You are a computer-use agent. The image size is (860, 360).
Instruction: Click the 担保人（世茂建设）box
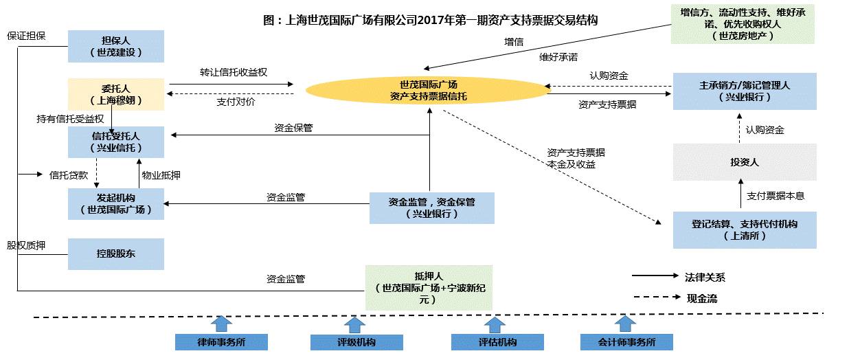(115, 46)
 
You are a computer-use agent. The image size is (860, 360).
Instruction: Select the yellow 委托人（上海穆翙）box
(115, 94)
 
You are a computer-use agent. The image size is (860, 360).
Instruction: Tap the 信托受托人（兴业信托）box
(115, 142)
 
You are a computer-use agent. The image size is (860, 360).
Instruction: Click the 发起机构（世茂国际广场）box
(115, 203)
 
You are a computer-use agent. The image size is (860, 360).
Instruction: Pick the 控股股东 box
(115, 254)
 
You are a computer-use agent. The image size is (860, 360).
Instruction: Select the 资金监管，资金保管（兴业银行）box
(431, 208)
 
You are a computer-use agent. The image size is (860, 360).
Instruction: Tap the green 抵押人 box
(429, 286)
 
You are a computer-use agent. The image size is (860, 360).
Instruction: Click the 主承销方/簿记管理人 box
(745, 91)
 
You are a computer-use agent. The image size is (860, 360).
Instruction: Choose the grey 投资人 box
(745, 162)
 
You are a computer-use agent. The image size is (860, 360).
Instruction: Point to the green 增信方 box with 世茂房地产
(743, 24)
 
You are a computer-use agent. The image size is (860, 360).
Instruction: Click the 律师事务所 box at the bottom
(220, 342)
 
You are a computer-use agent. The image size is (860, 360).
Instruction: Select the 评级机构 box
(356, 342)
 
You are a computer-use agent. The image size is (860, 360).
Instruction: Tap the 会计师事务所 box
(626, 342)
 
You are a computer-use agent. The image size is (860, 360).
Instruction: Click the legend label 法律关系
(705, 278)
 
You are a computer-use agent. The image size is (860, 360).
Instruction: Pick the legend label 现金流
(702, 298)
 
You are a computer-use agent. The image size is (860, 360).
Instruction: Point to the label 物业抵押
(161, 175)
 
